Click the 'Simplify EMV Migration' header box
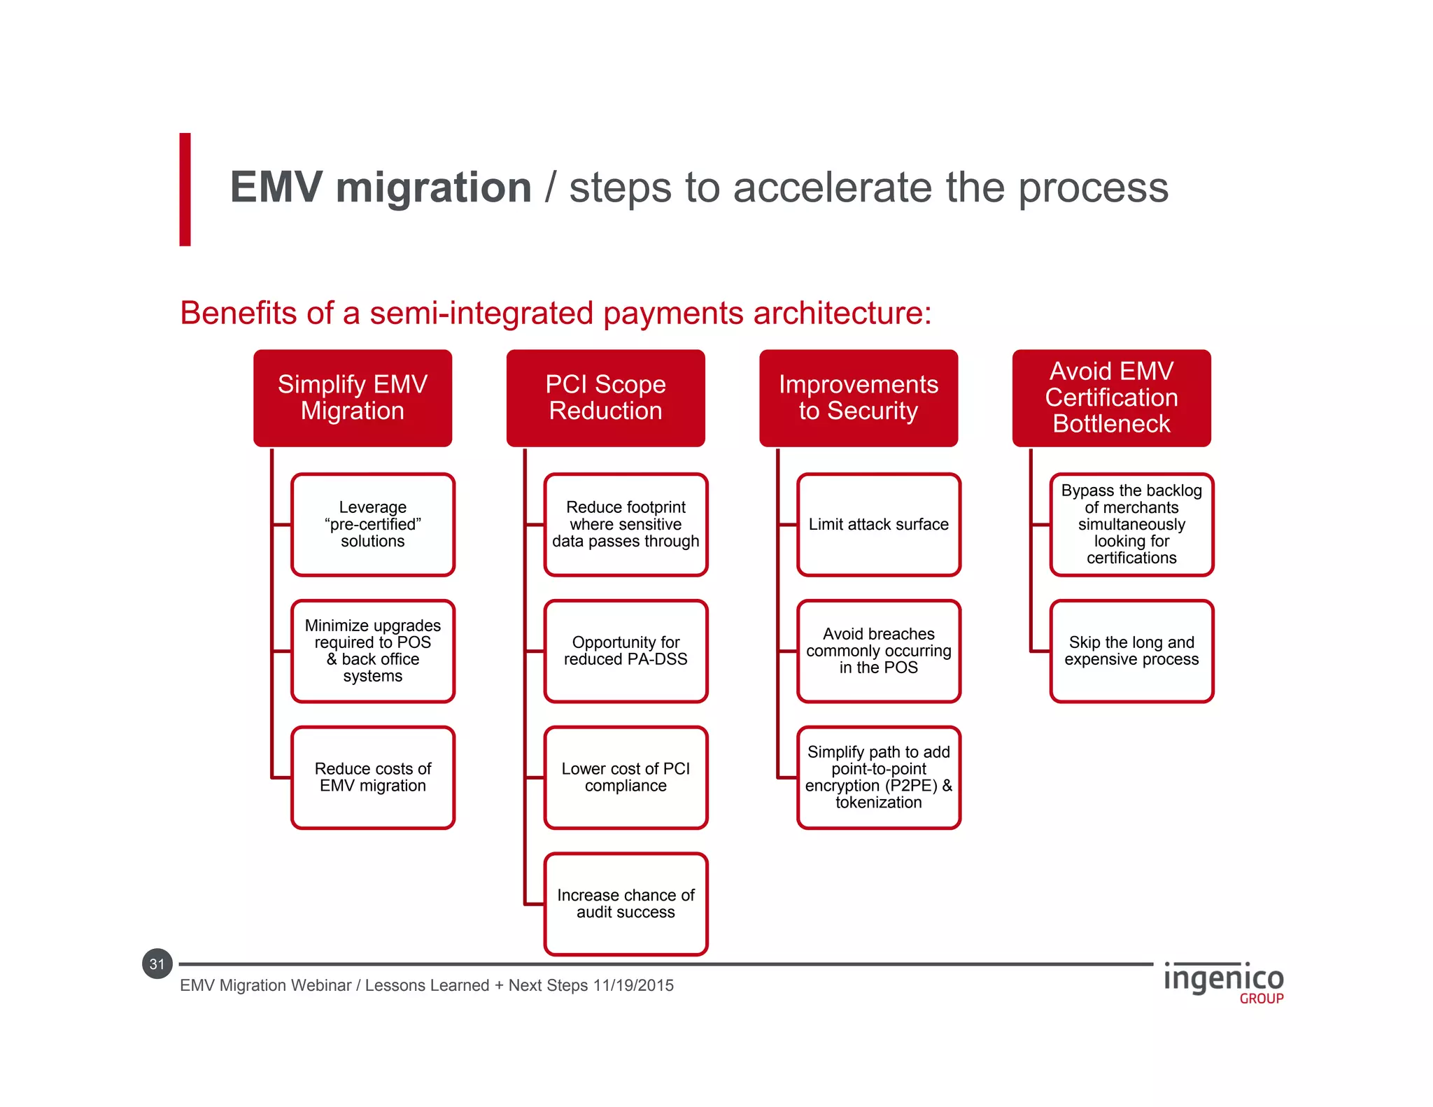(353, 397)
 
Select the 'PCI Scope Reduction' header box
(605, 397)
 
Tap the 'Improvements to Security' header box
(859, 397)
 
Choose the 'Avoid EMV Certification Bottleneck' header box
(1111, 397)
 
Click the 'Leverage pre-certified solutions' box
(373, 525)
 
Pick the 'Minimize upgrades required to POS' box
(373, 651)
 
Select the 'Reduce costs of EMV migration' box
(373, 777)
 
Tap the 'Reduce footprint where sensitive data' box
(626, 525)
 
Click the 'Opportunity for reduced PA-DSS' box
(626, 651)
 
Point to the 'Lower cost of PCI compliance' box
(626, 777)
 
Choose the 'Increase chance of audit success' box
(626, 904)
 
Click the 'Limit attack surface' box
(879, 525)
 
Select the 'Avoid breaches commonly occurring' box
(879, 651)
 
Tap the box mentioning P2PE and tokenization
(879, 777)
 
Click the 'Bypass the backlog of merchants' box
(1131, 525)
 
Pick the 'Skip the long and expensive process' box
(1131, 651)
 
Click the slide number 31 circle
(157, 964)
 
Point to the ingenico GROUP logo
(1224, 982)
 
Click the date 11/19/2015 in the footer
(633, 985)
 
